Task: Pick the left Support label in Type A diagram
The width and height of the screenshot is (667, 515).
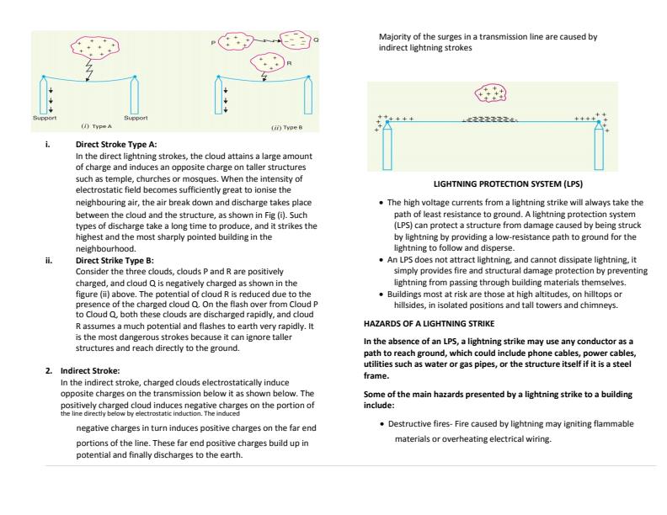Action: click(x=44, y=118)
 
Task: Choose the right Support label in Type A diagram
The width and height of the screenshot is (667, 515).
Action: click(x=136, y=118)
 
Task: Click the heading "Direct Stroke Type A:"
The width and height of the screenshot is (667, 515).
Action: click(x=115, y=145)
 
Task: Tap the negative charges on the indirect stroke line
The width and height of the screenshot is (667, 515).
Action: click(x=490, y=120)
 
